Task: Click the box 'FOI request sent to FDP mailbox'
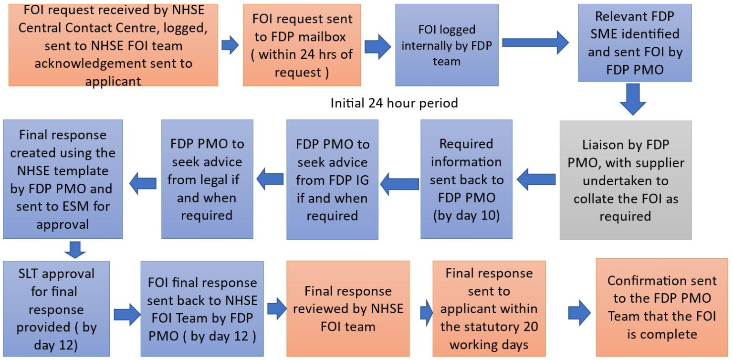[302, 45]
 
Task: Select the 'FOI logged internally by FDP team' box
[447, 45]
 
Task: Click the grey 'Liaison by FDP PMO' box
[625, 180]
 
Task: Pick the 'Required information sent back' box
[466, 180]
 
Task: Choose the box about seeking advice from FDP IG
[332, 180]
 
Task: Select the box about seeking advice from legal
[207, 180]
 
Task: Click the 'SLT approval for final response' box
[56, 309]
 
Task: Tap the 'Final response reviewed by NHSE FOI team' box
[348, 309]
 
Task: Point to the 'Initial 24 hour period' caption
[394, 103]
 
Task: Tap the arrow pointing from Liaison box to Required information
[537, 180]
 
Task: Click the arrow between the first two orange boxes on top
[230, 45]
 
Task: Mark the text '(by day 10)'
[466, 215]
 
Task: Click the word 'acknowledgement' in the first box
[113, 63]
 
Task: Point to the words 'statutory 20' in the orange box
[489, 327]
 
